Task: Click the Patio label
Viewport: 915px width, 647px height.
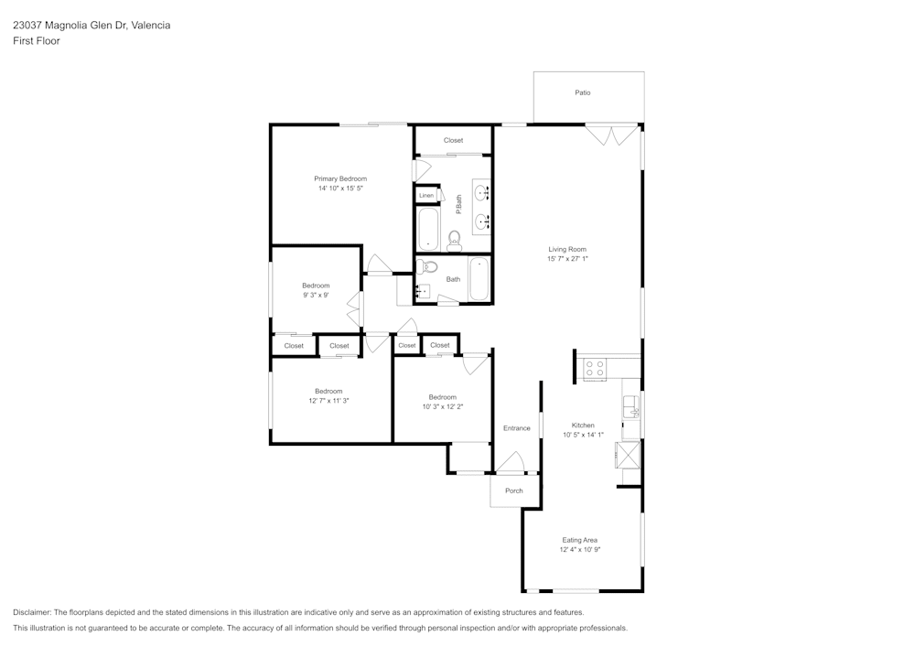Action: tap(582, 92)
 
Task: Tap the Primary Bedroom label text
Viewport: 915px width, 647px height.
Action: tap(340, 178)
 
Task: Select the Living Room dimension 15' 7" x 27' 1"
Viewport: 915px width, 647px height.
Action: tap(567, 259)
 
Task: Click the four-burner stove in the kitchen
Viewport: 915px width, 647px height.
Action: tap(595, 369)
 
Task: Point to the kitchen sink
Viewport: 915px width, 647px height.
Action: tap(630, 406)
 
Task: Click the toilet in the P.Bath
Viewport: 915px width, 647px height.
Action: tap(454, 241)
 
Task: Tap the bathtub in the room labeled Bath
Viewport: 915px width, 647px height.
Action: tap(479, 279)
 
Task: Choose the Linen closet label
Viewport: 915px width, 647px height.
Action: tap(426, 196)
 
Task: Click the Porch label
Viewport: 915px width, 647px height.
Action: tap(514, 491)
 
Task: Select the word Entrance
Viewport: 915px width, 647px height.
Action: tap(516, 428)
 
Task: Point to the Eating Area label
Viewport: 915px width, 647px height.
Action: tap(579, 540)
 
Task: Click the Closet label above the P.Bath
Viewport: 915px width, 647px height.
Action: tap(453, 140)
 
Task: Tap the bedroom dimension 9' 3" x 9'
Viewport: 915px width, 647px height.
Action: tap(316, 296)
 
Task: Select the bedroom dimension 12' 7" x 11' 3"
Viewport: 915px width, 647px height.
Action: tap(328, 401)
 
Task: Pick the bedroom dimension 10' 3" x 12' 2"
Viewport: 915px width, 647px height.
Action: tap(443, 406)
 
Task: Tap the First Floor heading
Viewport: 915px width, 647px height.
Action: tap(37, 41)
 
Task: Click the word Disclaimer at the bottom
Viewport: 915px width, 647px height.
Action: tap(32, 612)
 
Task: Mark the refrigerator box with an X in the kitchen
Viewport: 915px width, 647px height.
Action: tap(628, 455)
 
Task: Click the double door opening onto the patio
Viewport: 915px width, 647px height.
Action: tap(611, 135)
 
